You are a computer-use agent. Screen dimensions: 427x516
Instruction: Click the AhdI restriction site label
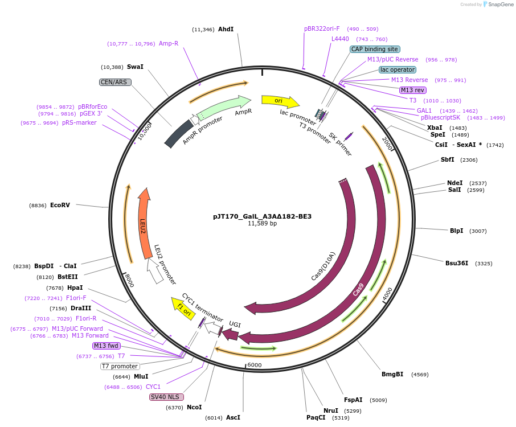pyautogui.click(x=226, y=29)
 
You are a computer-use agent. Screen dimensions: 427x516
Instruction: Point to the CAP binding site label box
pyautogui.click(x=374, y=49)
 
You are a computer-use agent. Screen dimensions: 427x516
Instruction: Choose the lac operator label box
pyautogui.click(x=397, y=69)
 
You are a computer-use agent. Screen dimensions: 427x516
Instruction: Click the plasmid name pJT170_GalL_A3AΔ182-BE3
pyautogui.click(x=262, y=216)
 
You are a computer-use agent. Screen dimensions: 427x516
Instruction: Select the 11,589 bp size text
pyautogui.click(x=262, y=224)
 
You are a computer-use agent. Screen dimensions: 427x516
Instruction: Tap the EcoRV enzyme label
pyautogui.click(x=60, y=205)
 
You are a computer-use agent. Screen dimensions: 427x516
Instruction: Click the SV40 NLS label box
pyautogui.click(x=163, y=397)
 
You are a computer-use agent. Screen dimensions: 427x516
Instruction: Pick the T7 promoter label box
pyautogui.click(x=120, y=366)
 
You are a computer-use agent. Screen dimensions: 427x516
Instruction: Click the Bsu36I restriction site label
pyautogui.click(x=457, y=263)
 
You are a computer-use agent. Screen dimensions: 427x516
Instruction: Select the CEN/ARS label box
pyautogui.click(x=115, y=82)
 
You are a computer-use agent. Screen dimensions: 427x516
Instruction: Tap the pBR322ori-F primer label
pyautogui.click(x=322, y=28)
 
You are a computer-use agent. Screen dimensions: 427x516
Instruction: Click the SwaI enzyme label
pyautogui.click(x=135, y=67)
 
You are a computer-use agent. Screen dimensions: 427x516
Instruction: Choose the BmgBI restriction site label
pyautogui.click(x=392, y=374)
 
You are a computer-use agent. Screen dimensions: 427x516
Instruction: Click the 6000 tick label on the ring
pyautogui.click(x=254, y=365)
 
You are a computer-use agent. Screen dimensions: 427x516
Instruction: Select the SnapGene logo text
pyautogui.click(x=499, y=5)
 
